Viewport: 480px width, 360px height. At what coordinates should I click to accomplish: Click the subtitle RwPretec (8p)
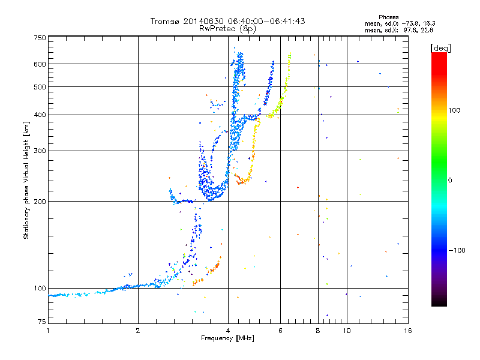227,29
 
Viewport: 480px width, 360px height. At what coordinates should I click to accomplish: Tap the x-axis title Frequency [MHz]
227,338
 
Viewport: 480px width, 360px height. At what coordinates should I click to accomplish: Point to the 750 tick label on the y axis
40,38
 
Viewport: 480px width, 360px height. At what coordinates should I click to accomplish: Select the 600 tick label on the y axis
40,64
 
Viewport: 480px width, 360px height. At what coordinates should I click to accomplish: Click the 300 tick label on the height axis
40,151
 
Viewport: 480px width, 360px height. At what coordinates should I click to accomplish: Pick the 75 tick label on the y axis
42,322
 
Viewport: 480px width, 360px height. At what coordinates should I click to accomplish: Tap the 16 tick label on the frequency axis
408,331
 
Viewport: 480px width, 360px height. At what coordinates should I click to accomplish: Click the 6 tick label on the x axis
280,331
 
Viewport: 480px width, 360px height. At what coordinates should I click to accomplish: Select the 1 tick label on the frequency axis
48,331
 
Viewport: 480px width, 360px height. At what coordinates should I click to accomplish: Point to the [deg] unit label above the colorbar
440,49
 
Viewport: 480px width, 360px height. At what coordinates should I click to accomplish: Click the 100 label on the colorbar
454,110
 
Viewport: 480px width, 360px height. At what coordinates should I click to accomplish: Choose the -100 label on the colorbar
457,250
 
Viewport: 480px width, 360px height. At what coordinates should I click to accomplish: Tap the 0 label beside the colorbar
450,181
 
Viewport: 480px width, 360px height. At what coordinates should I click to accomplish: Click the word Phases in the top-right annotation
388,17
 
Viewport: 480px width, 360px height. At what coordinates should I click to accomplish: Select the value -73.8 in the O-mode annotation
410,23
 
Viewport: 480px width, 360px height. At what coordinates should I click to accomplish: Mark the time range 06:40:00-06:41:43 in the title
266,21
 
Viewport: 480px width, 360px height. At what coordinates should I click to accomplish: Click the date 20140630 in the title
203,21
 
